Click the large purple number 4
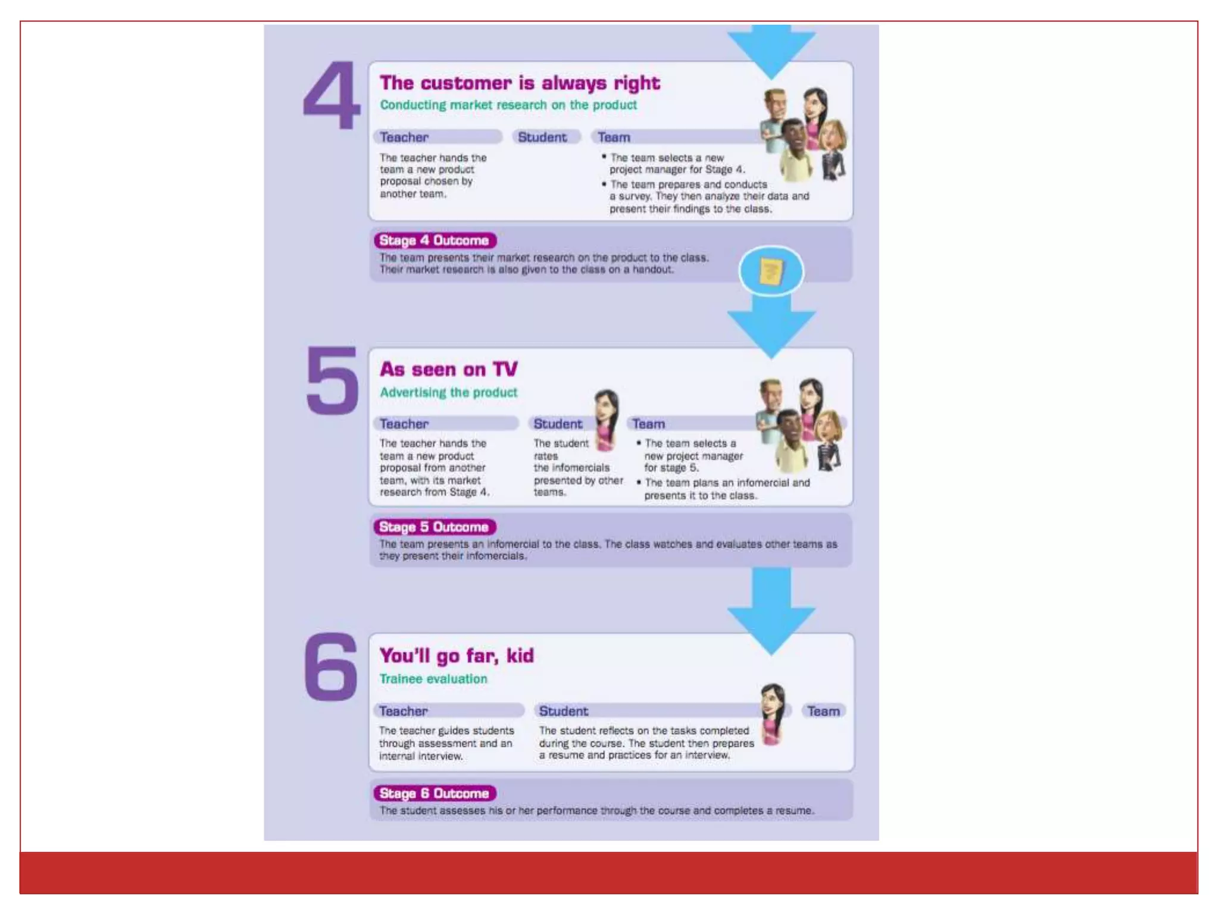coord(332,96)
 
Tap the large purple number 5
coord(332,381)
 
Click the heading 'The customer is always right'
coord(520,83)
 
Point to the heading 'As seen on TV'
coord(449,370)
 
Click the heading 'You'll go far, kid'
coord(457,656)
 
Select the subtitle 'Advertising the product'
coord(448,393)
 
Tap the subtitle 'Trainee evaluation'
coord(433,679)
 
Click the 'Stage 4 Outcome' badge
coord(435,240)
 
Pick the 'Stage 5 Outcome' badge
coord(435,527)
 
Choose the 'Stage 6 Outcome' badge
coord(435,793)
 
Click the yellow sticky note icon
coord(771,272)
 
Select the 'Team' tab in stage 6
coord(823,711)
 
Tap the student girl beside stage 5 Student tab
coord(606,420)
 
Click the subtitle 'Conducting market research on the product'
coord(508,105)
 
